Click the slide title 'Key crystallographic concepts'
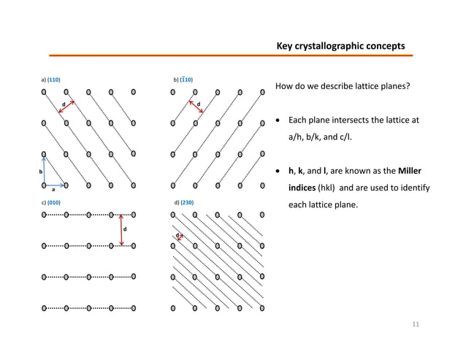pos(340,47)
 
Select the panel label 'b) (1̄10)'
pos(182,78)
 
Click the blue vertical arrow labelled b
pos(44,169)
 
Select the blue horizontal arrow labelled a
pos(55,185)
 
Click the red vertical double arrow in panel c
pos(121,230)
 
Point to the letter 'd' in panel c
pos(126,229)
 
